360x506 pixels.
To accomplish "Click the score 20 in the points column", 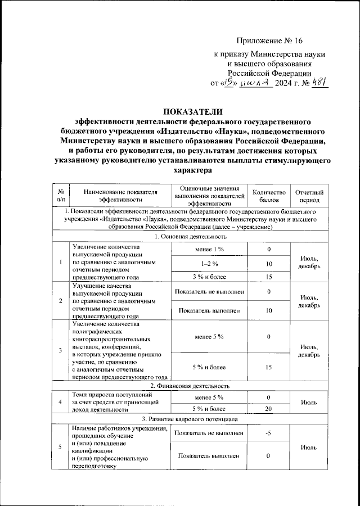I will tap(269, 409).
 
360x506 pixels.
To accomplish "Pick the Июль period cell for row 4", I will tap(309, 403).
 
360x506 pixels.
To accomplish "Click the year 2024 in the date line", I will tap(286, 84).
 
